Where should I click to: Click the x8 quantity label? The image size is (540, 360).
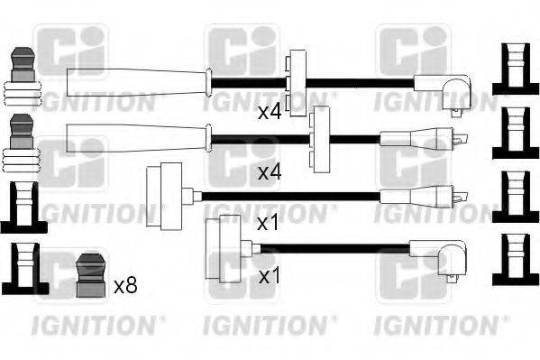point(126,286)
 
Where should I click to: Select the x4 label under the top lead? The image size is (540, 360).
point(270,113)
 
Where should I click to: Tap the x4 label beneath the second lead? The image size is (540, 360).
point(270,171)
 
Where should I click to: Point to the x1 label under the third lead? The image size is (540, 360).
point(268,223)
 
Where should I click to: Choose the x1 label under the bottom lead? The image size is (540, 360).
point(268,275)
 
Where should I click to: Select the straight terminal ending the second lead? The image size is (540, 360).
point(423,139)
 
